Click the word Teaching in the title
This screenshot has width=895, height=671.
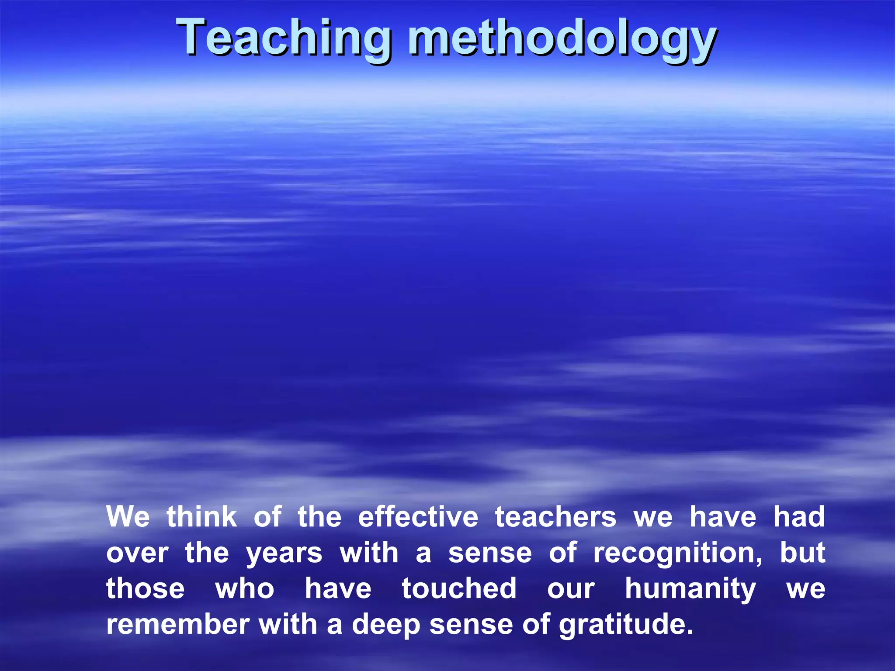point(283,38)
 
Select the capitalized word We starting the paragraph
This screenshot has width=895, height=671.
point(128,517)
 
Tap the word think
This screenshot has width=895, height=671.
point(201,517)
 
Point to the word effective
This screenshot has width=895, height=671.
point(418,517)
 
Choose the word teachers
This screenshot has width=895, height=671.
point(555,517)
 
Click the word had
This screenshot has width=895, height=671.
point(799,517)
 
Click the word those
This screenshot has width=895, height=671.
point(145,588)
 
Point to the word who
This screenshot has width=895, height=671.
point(245,588)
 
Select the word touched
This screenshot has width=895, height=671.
point(459,588)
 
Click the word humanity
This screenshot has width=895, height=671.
point(690,589)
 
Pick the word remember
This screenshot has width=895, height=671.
point(177,624)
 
